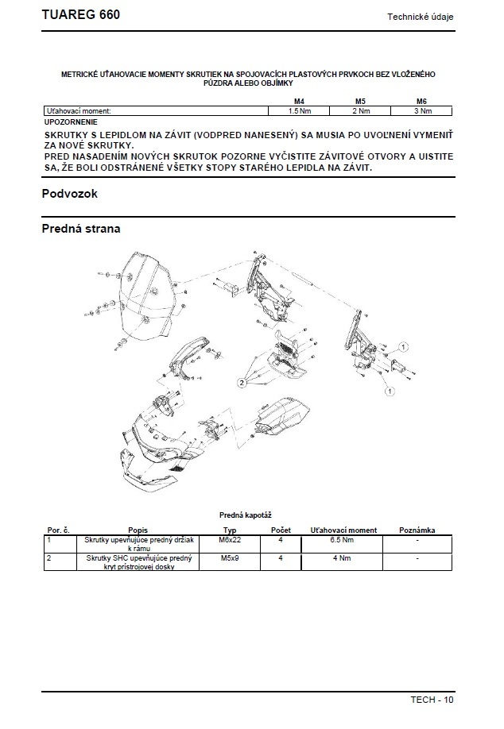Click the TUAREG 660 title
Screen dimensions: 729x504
click(81, 16)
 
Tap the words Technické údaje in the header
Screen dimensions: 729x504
click(421, 17)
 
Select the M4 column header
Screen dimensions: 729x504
click(299, 102)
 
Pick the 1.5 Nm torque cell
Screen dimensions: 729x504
click(299, 111)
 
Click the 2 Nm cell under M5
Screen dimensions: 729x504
click(360, 111)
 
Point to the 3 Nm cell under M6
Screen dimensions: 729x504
click(422, 111)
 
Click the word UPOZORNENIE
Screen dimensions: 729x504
click(71, 122)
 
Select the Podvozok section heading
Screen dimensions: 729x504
click(69, 194)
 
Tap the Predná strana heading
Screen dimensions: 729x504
click(81, 229)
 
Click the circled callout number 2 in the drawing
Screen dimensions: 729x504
click(242, 382)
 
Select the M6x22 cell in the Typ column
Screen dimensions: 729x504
click(230, 539)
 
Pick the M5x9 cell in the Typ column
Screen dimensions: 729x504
click(230, 558)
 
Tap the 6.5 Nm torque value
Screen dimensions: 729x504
click(342, 539)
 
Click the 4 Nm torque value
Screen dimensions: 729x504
click(342, 558)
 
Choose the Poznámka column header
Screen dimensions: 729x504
click(417, 530)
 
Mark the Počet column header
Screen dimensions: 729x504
click(281, 530)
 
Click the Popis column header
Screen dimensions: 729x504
click(138, 530)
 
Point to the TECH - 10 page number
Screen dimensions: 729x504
click(432, 700)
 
